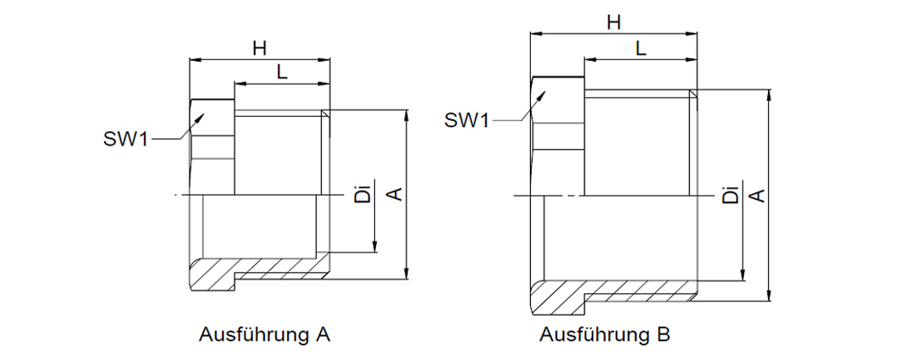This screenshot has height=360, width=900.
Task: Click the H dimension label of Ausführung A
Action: (260, 48)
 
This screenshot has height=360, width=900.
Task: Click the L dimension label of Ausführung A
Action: (282, 72)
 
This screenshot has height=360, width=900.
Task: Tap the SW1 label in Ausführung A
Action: (125, 139)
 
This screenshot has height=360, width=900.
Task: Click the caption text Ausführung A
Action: (265, 334)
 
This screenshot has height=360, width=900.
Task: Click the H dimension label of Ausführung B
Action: (614, 23)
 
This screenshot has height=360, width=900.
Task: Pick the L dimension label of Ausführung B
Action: (641, 48)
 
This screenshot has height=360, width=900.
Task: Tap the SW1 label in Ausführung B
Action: (467, 120)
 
